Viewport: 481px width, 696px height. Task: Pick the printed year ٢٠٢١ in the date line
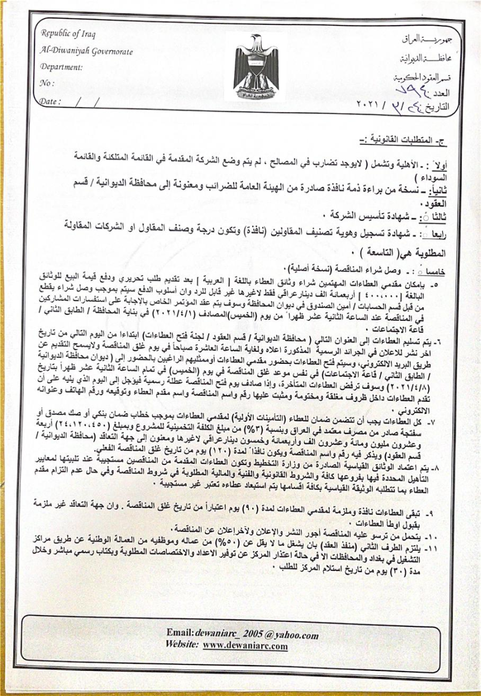point(372,104)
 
